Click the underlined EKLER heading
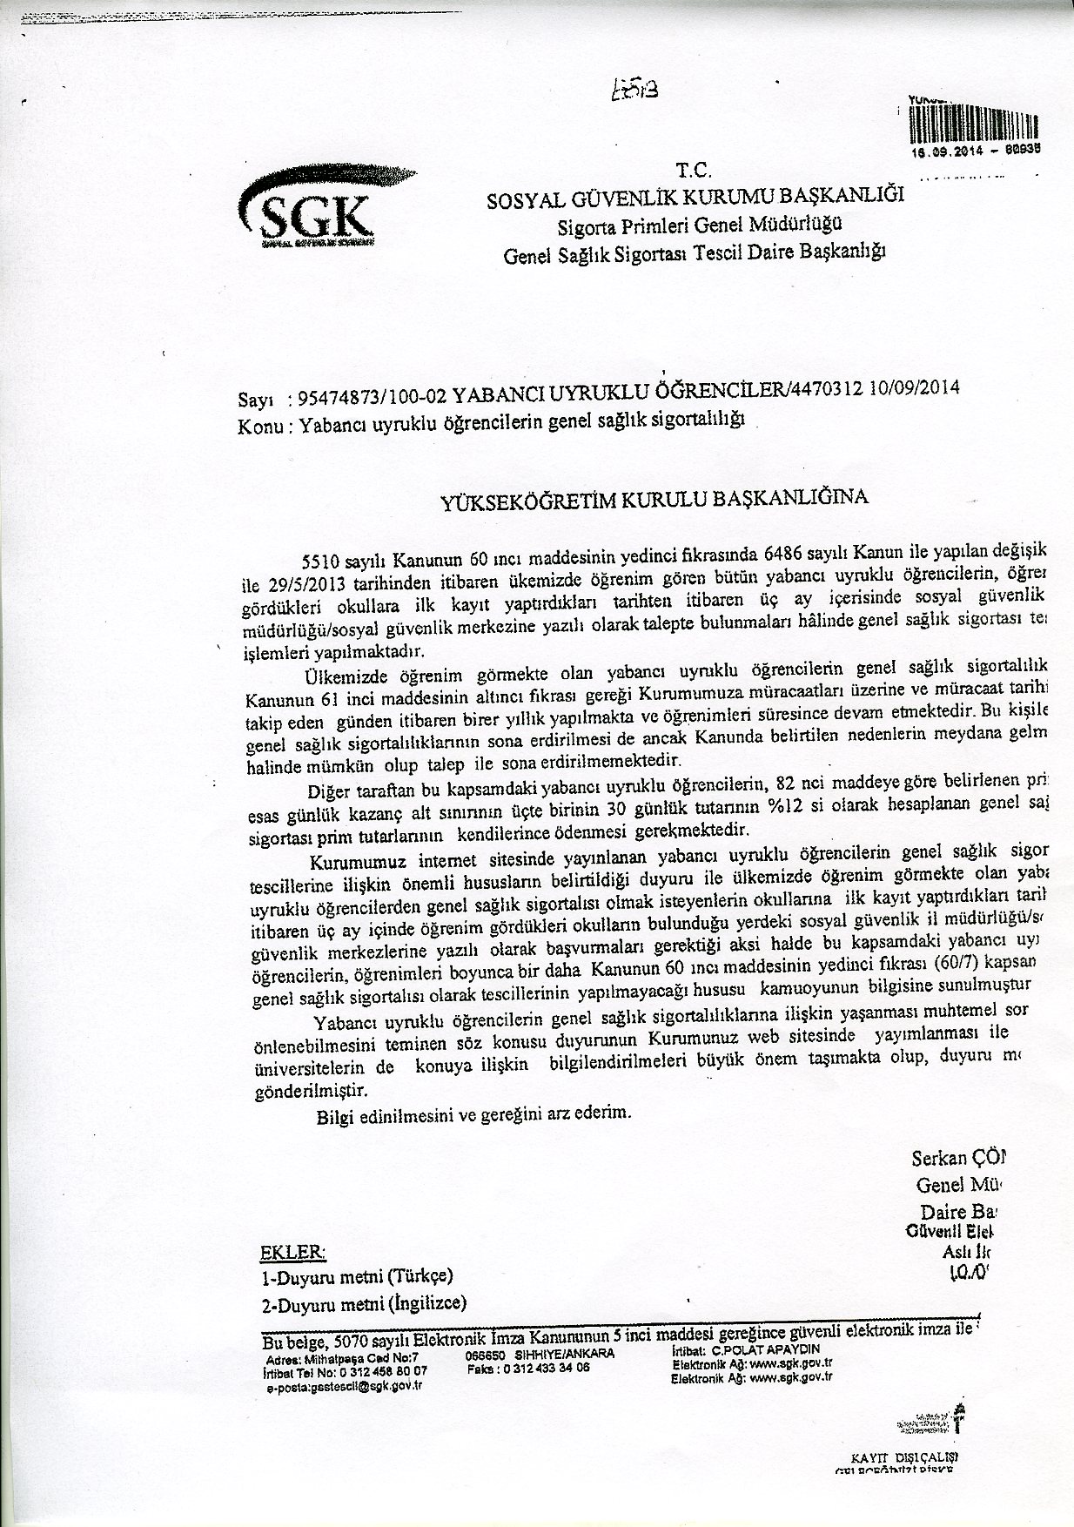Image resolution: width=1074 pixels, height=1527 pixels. click(x=292, y=1253)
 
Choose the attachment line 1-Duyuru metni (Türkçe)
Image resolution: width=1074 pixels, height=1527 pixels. click(x=356, y=1277)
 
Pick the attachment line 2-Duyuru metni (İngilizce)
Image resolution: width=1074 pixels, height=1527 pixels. click(x=363, y=1303)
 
